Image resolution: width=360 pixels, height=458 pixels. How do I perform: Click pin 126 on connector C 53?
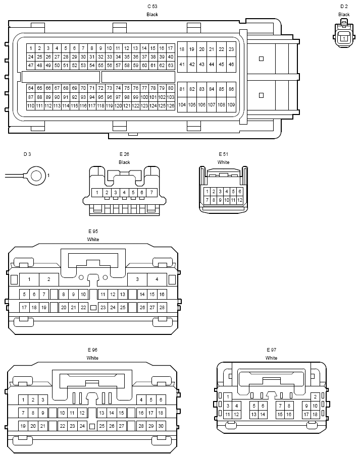pos(171,106)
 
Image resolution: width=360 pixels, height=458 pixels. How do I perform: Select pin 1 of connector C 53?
pos(31,48)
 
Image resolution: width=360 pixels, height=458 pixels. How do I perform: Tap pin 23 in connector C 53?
pos(231,49)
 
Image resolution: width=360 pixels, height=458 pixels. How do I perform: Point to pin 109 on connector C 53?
pos(231,104)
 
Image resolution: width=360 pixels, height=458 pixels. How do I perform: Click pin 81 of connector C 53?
pos(182,89)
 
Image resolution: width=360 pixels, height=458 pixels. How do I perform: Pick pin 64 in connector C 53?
pos(31,88)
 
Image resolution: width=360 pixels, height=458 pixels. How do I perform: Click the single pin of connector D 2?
pos(344,38)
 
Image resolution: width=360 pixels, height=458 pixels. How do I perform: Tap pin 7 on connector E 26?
pos(151,193)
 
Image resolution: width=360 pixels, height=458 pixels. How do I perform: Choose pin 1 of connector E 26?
pos(97,193)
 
